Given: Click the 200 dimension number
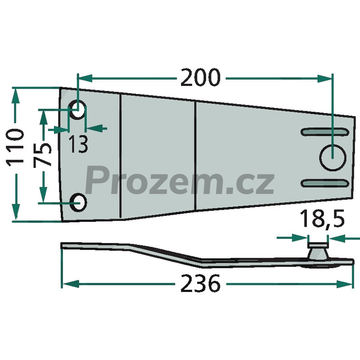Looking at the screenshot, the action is click(200, 77).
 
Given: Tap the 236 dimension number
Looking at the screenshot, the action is click(200, 283).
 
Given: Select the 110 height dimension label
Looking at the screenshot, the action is click(15, 148).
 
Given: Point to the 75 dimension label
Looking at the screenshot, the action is click(43, 155).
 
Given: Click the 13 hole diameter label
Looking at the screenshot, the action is click(78, 144).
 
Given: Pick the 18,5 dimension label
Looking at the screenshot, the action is click(322, 218).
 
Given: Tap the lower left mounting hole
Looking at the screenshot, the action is click(78, 202).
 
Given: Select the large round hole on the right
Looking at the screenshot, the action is click(333, 157).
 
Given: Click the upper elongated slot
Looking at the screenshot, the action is click(324, 132).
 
